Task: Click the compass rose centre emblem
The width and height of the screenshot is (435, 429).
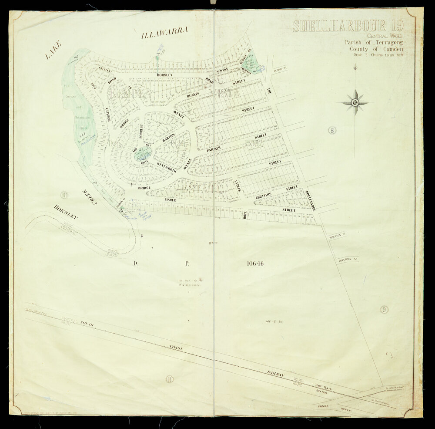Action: click(355, 103)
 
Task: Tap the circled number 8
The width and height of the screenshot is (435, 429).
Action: click(332, 130)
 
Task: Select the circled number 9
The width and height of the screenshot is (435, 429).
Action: click(384, 310)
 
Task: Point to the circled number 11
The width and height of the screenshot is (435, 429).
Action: click(169, 379)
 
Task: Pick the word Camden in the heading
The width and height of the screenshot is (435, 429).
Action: click(390, 49)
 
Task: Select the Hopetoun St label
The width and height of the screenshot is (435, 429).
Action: click(348, 260)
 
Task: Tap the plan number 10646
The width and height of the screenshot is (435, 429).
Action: click(255, 263)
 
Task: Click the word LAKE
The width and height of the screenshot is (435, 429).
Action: click(53, 50)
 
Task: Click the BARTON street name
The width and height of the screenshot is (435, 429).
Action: click(168, 138)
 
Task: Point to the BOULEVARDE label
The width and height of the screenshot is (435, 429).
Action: click(310, 200)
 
